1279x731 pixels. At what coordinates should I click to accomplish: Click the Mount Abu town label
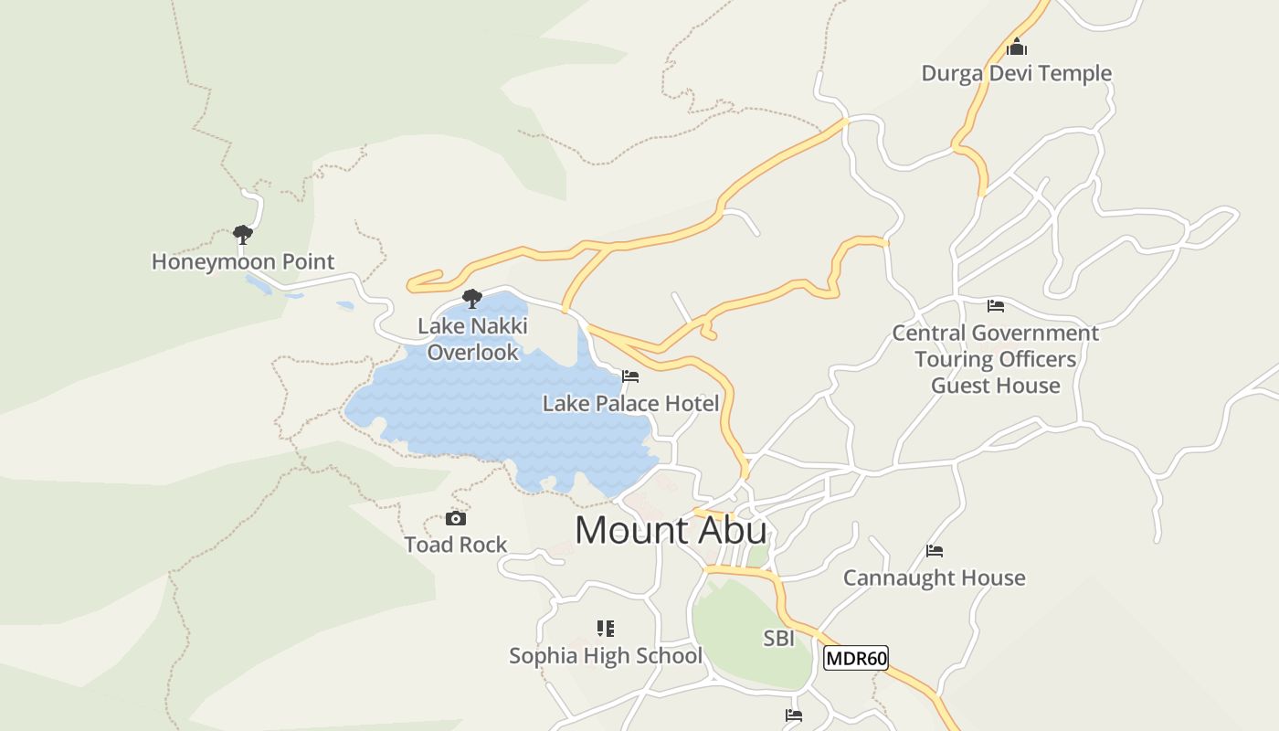671,531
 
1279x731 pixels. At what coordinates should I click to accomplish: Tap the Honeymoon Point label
243,261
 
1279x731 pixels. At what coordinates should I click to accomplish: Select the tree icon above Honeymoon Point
242,235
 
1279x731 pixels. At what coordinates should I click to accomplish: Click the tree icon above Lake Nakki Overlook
472,299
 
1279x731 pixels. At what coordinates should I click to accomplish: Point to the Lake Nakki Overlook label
472,339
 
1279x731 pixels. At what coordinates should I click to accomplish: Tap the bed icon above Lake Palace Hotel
630,376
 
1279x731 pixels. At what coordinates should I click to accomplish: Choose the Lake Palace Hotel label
630,403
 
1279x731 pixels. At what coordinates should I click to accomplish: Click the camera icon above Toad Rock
455,519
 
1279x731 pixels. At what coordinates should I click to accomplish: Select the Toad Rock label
455,545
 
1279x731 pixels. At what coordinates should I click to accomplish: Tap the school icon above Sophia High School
605,629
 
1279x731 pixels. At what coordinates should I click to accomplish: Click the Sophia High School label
605,655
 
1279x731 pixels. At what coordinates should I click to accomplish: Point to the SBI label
778,639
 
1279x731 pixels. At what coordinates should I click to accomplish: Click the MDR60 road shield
855,658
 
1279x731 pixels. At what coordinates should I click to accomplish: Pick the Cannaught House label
934,577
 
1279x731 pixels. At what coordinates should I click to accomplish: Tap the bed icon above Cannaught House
934,551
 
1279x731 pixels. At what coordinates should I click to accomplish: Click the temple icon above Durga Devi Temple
1016,48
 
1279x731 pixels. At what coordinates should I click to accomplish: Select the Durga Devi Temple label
1016,73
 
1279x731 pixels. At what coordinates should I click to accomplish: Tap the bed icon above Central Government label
996,306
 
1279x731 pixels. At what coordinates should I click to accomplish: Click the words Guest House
996,386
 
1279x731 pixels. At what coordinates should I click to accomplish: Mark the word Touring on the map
953,359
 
